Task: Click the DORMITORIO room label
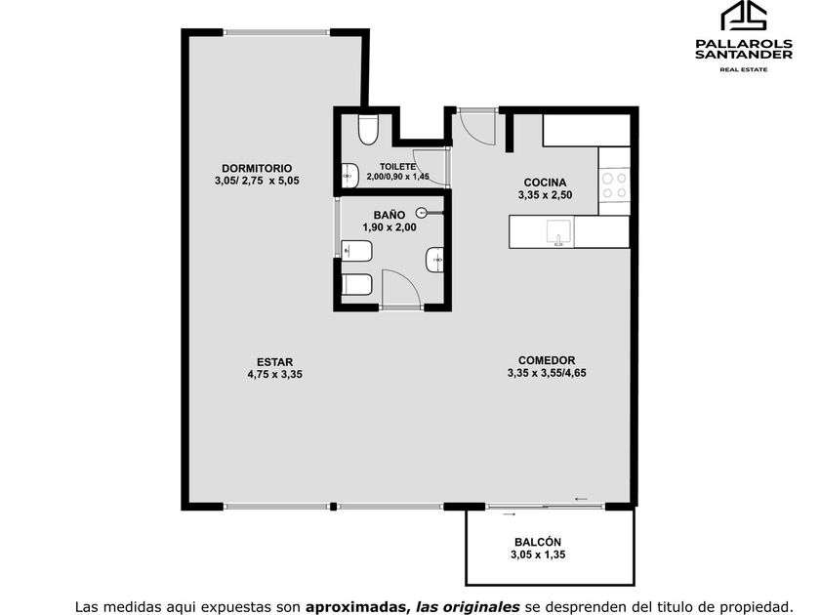tap(257, 168)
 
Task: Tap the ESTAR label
tap(274, 362)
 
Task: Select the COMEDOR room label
tap(547, 360)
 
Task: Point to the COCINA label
tap(545, 183)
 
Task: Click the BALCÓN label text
tap(538, 543)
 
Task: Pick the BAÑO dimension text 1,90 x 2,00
tap(389, 227)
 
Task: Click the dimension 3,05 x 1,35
tap(538, 554)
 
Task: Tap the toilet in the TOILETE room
tap(368, 129)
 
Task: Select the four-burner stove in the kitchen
tap(614, 185)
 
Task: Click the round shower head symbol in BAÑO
tap(422, 213)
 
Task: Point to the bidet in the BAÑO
tap(356, 251)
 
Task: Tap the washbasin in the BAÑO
tap(434, 260)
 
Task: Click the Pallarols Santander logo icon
tap(744, 16)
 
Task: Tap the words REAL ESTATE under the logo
tap(744, 69)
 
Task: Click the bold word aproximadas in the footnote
tap(356, 607)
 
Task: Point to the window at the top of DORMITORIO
tap(276, 32)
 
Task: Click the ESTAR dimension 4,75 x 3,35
tap(274, 375)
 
